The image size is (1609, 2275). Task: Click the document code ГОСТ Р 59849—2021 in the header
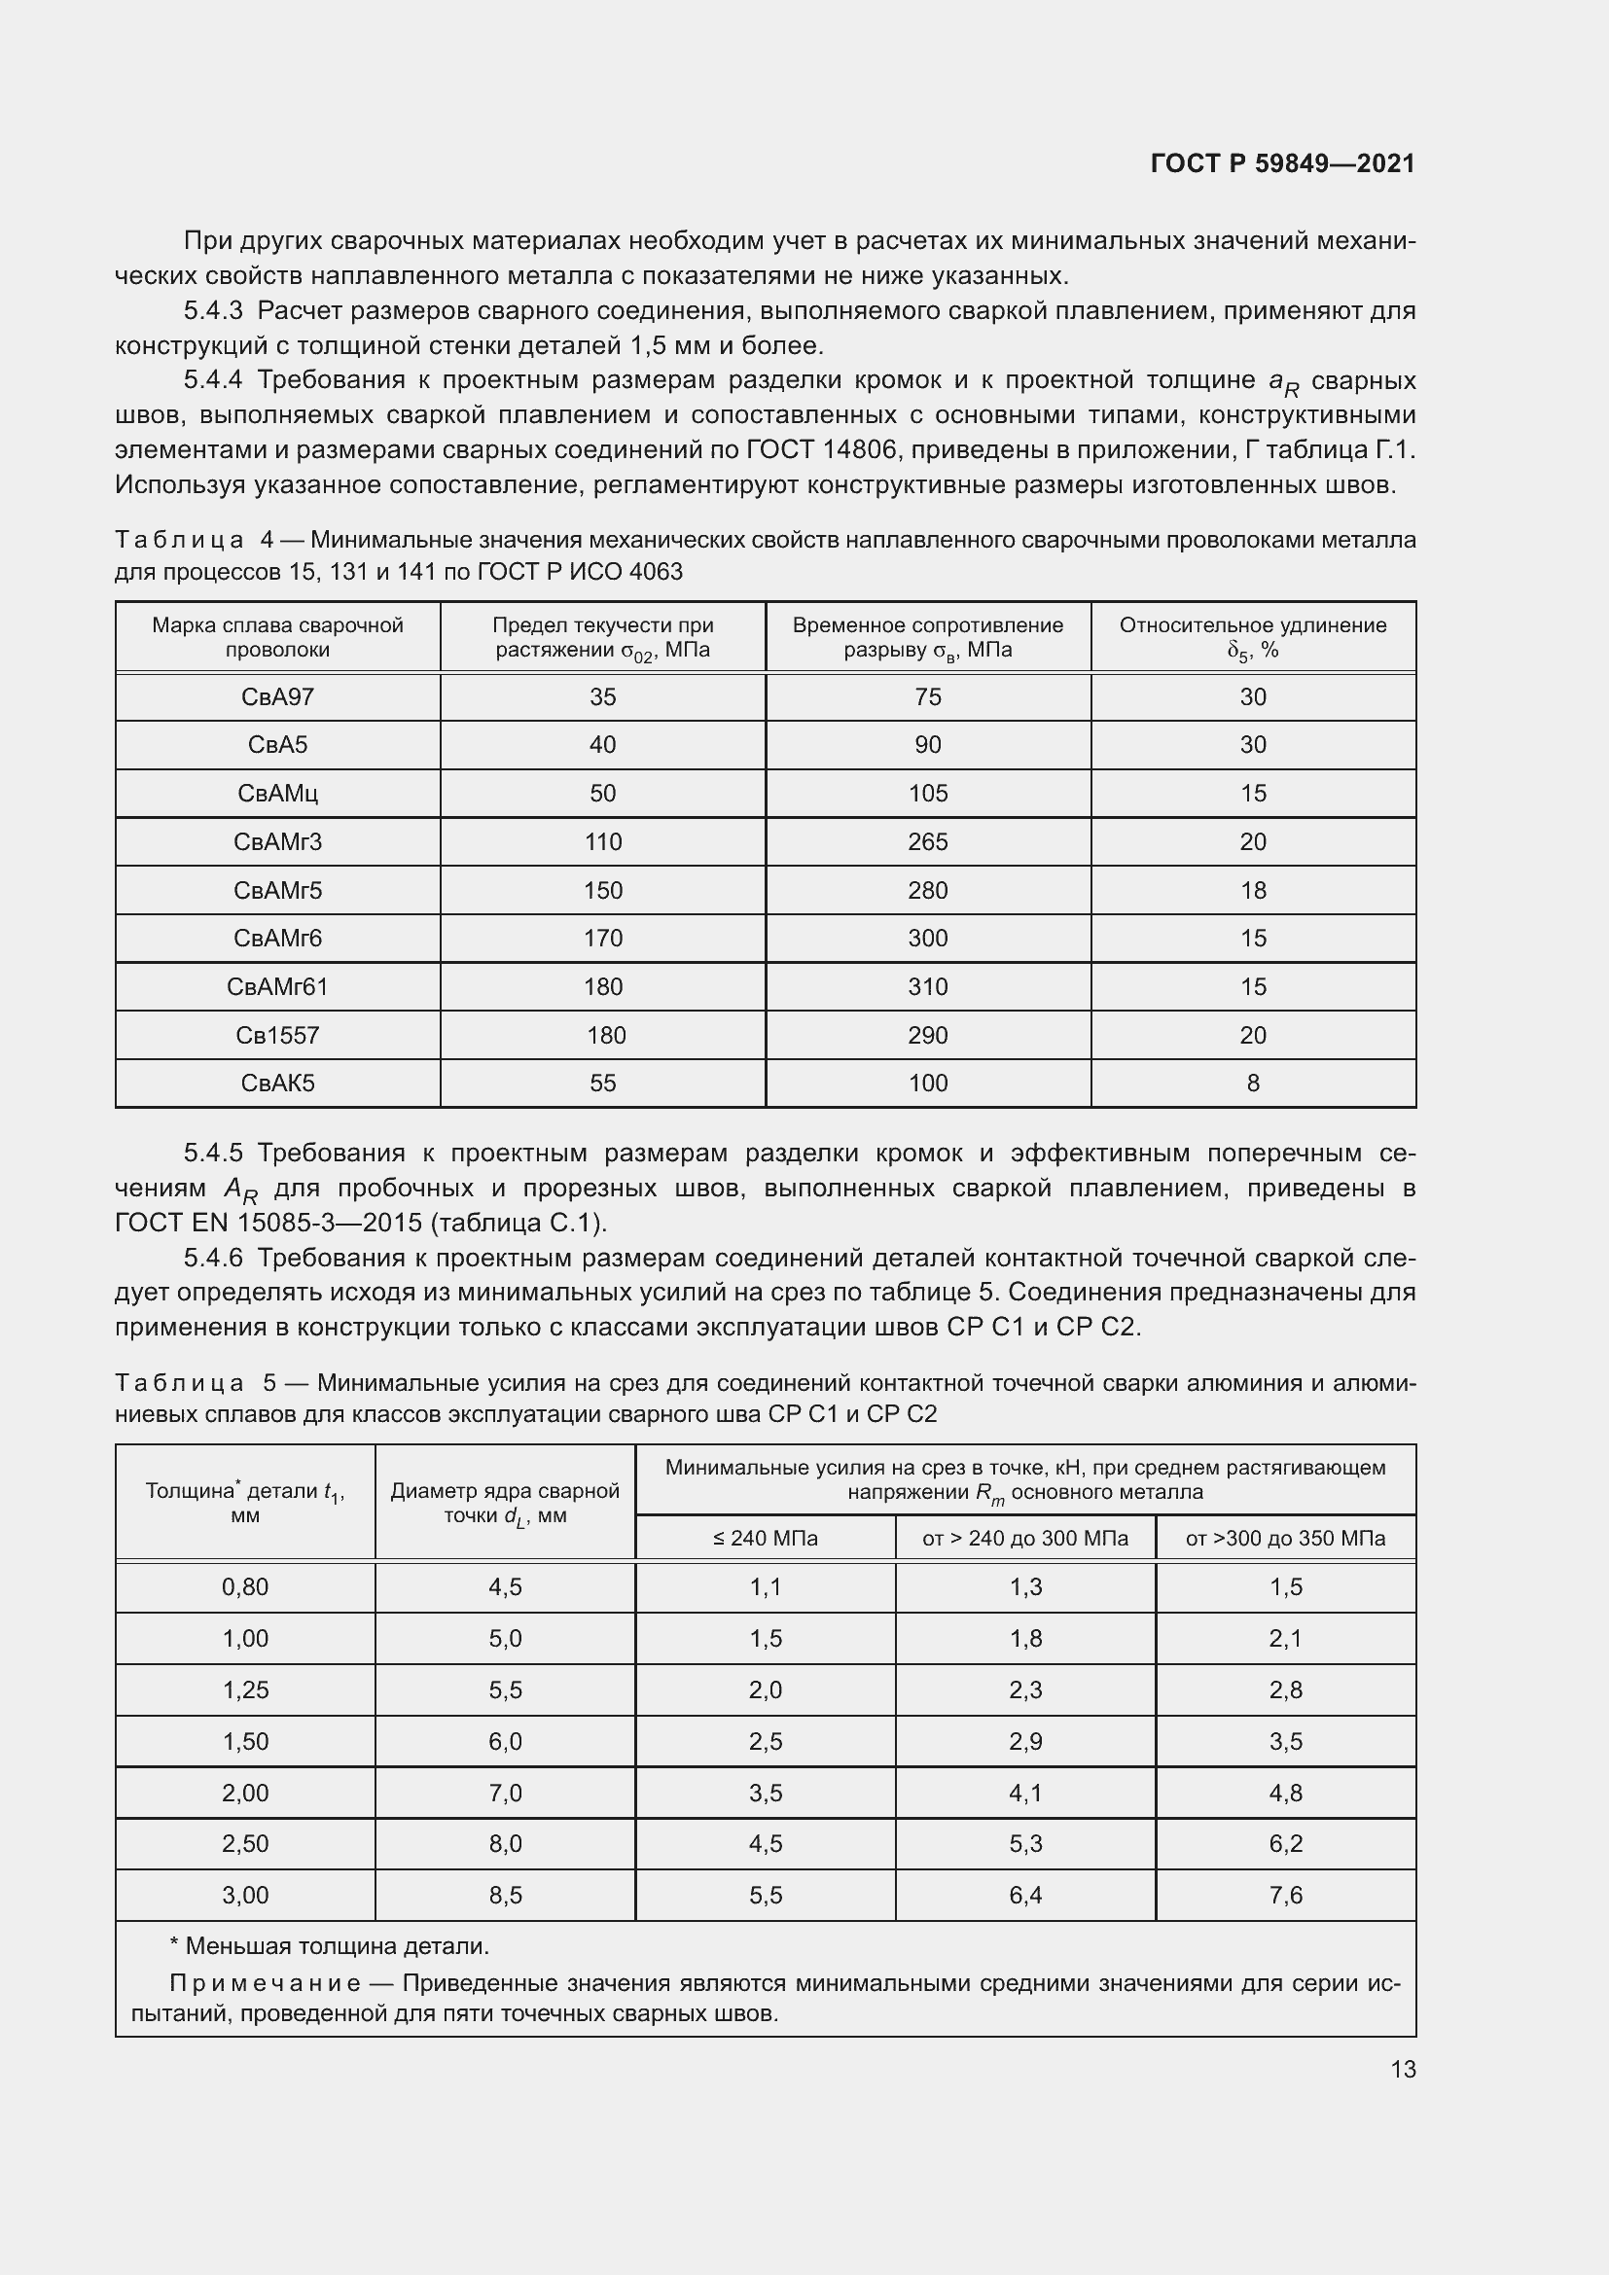point(1282,163)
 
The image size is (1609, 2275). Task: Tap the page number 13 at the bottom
point(1403,2069)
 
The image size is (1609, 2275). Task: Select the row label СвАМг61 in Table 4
point(277,987)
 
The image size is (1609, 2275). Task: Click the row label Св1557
point(277,1036)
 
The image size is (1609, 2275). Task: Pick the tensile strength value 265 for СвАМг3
point(927,842)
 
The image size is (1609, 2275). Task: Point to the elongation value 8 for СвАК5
point(1252,1084)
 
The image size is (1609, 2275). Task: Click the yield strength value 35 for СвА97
point(602,697)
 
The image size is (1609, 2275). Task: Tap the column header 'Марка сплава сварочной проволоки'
point(277,637)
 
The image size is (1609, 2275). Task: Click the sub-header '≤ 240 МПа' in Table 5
point(765,1539)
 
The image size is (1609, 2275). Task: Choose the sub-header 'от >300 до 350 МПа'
point(1285,1539)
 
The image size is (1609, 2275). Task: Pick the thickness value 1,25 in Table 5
point(245,1690)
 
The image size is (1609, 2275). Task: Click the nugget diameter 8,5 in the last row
point(504,1896)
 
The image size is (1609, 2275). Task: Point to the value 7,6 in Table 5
point(1285,1896)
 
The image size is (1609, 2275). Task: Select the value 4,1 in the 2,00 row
point(1025,1794)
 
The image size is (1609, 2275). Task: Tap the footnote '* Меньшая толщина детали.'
point(330,1947)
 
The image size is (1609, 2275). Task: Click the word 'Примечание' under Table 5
point(265,1983)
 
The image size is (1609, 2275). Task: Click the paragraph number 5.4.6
point(213,1259)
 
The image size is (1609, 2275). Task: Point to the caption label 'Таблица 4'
point(195,541)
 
